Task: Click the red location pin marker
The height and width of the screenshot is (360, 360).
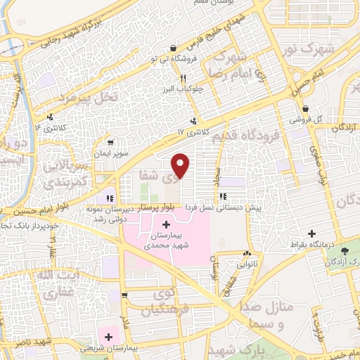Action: point(181,165)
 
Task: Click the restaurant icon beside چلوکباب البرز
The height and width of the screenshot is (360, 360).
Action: point(183,79)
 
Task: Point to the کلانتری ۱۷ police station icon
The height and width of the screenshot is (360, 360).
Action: point(193,120)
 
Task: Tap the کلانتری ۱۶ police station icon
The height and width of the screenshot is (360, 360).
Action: point(49,117)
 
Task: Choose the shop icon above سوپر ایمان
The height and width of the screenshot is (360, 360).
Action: point(109,142)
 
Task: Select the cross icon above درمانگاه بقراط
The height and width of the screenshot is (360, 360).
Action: point(312,233)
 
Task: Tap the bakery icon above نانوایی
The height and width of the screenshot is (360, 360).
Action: point(246,254)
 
